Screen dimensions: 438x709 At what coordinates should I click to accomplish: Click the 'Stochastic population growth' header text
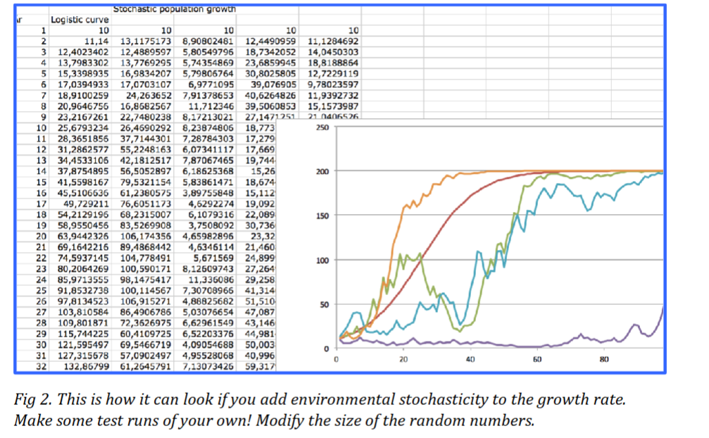174,9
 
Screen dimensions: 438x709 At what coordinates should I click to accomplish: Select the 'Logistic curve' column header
80,20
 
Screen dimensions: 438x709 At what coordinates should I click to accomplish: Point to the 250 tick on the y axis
322,127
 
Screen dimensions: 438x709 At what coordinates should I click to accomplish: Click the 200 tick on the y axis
322,172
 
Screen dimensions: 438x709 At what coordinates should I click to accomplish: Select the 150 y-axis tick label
322,216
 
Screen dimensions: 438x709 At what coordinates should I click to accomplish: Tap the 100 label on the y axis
322,261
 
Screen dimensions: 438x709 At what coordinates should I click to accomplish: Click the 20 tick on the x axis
403,360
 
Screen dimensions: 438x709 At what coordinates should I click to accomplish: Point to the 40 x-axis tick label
470,360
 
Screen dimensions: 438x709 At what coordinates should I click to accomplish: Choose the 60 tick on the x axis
537,360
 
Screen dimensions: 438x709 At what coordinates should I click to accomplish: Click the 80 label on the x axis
603,360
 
